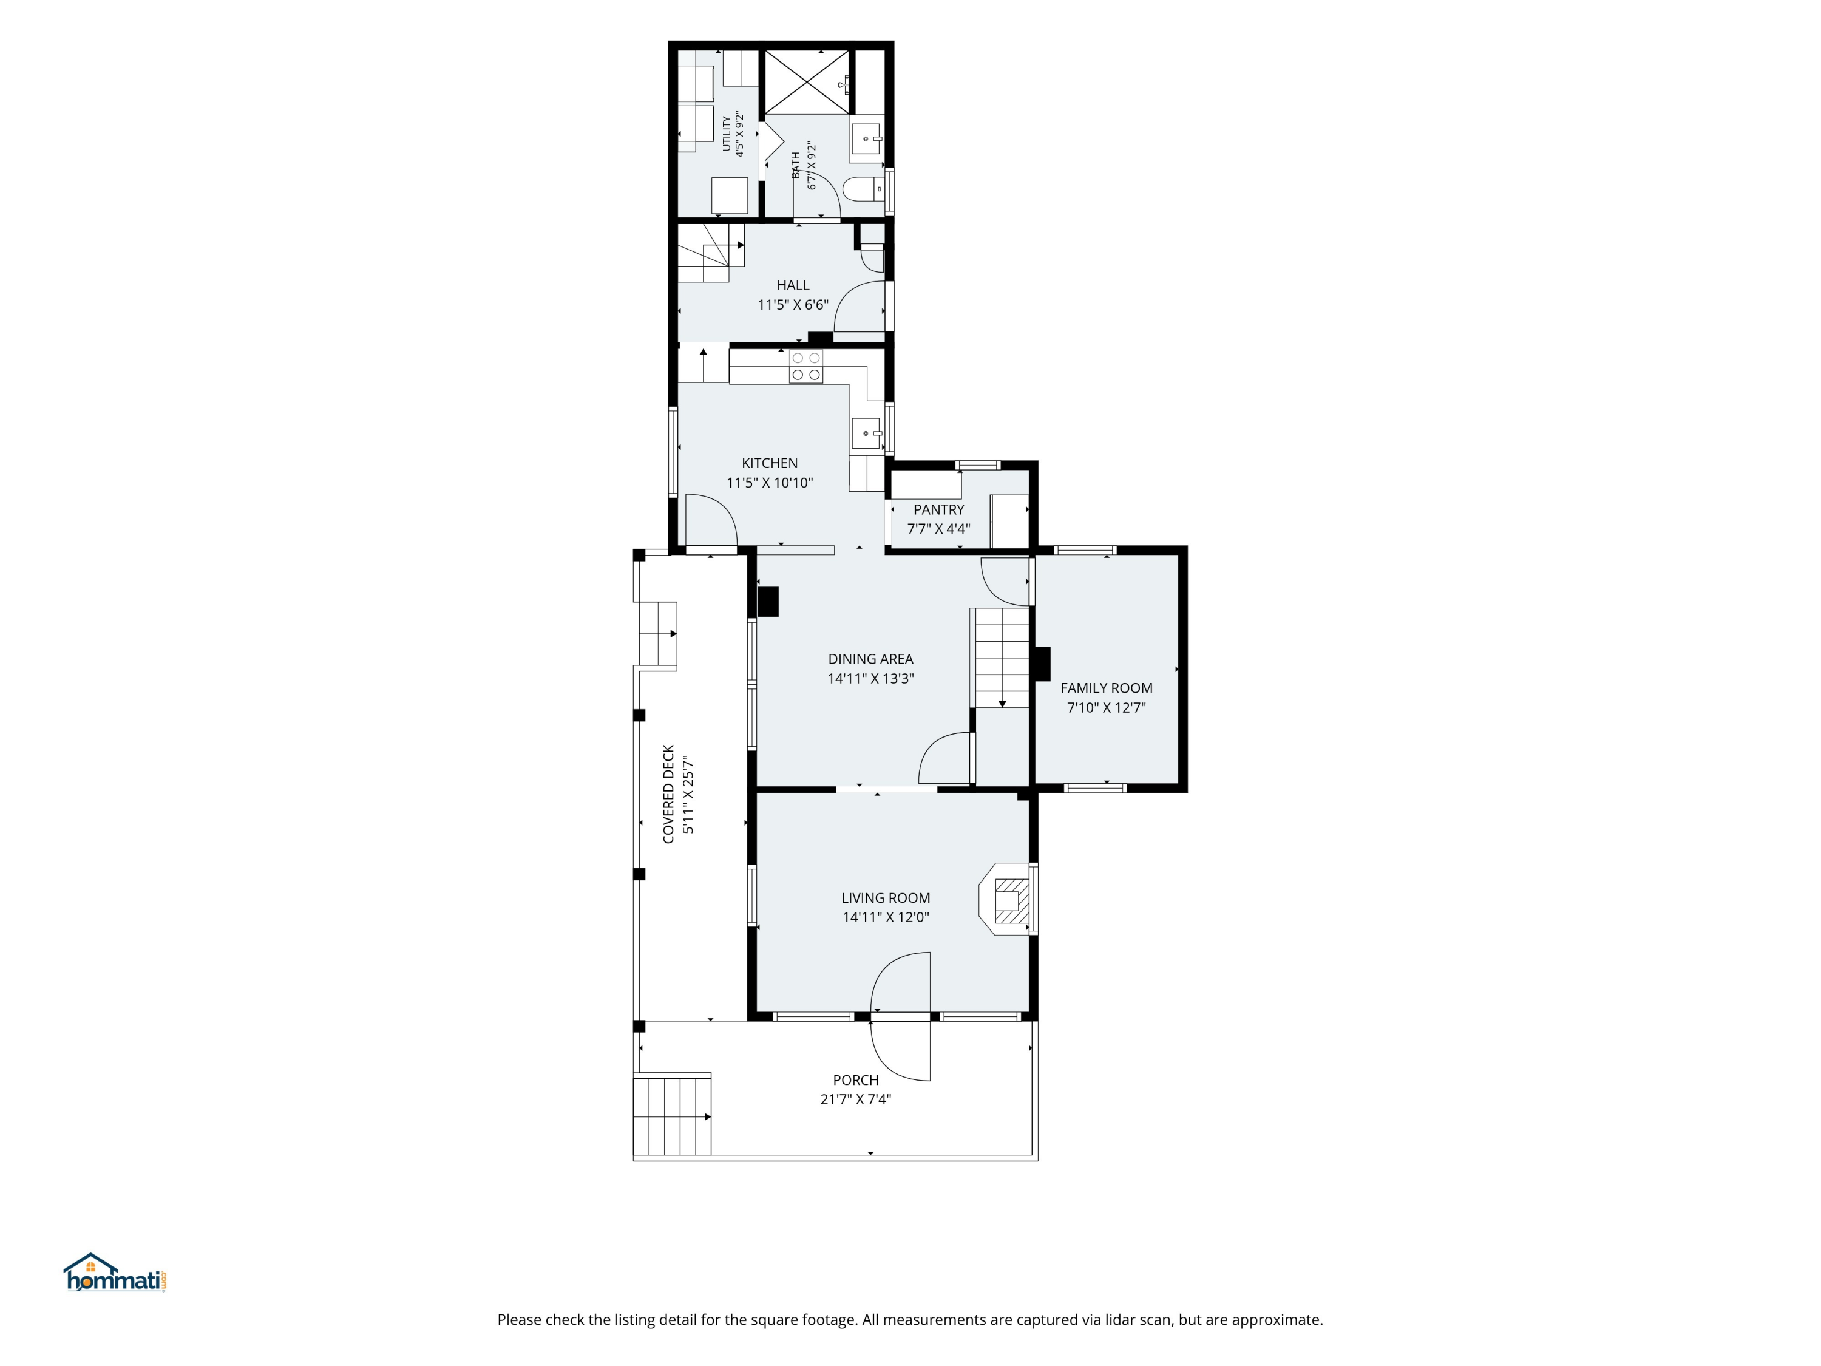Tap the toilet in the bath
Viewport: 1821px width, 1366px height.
click(863, 189)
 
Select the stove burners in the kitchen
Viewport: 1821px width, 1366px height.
click(806, 367)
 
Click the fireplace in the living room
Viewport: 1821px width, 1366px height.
click(1005, 899)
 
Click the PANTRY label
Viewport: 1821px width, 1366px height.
click(938, 510)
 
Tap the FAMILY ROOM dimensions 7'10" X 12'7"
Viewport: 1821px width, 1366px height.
click(1107, 707)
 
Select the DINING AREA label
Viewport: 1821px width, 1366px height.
click(870, 659)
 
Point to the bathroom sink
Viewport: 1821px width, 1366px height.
click(866, 139)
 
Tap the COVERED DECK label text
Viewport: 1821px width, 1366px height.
click(668, 795)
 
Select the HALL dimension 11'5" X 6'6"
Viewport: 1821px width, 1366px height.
click(793, 305)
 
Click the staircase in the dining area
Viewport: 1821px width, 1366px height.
click(1001, 657)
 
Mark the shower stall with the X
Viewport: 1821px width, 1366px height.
click(806, 81)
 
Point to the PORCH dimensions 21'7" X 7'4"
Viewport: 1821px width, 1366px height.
click(855, 1099)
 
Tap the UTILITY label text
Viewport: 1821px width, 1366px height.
click(726, 134)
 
